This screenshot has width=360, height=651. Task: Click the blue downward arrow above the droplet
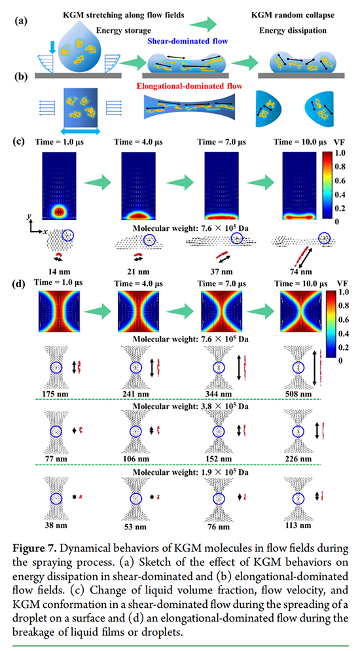pos(52,48)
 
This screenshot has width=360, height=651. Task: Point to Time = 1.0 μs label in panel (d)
pos(61,283)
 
